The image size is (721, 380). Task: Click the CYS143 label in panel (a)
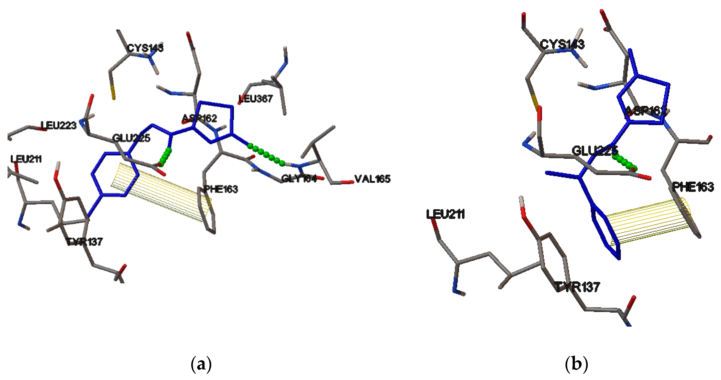145,48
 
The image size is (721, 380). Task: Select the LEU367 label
255,99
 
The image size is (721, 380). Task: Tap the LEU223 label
58,126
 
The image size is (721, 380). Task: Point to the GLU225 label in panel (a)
131,138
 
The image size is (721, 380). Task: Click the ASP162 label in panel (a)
200,118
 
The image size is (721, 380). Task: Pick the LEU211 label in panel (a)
26,159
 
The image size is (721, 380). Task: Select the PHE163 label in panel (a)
221,189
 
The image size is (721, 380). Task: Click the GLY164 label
299,178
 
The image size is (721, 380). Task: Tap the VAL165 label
372,179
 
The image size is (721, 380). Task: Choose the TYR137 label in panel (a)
84,242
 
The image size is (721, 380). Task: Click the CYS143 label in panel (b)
562,44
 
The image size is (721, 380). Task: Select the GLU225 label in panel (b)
594,151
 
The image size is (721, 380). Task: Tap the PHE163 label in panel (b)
693,187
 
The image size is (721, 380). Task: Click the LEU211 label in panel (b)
445,214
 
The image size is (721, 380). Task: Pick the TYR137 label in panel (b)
577,287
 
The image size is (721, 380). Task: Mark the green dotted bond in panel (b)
624,162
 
